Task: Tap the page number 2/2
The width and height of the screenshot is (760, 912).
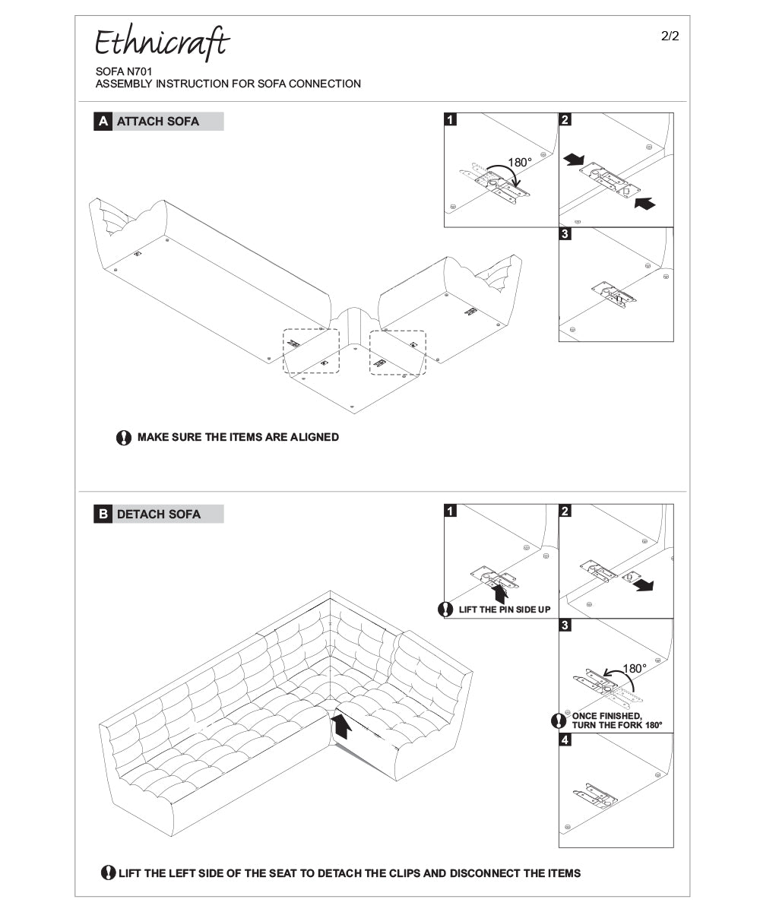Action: [x=670, y=36]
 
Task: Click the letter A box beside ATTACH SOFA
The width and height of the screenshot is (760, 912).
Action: [x=103, y=122]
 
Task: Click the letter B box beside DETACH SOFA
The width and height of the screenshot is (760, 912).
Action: [x=103, y=515]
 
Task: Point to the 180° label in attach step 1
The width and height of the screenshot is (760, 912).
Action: [x=520, y=162]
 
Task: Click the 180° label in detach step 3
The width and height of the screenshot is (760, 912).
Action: [x=635, y=669]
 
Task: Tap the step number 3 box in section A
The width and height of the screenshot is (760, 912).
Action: [x=565, y=234]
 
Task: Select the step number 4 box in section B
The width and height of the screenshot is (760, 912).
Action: [x=565, y=740]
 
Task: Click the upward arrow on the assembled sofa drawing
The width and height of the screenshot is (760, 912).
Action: [x=343, y=725]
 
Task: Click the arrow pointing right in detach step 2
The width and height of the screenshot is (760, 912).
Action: [x=644, y=585]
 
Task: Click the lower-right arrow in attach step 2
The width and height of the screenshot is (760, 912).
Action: [x=642, y=203]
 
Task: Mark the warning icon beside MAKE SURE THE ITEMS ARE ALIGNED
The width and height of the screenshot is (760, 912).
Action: [x=124, y=438]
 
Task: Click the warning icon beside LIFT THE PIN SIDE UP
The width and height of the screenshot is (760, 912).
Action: [x=446, y=610]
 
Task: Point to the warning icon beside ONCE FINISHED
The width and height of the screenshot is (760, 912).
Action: [x=559, y=720]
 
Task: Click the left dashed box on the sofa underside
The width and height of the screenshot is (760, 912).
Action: [x=311, y=351]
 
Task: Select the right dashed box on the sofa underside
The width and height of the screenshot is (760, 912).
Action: [x=397, y=352]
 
